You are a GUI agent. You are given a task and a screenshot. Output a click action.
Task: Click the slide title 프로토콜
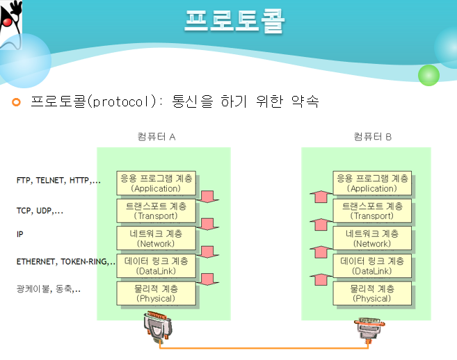234,21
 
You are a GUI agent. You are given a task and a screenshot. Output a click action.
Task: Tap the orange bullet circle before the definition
17,103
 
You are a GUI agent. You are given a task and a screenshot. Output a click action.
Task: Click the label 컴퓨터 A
157,137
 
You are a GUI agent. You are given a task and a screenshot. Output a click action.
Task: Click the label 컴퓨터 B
373,137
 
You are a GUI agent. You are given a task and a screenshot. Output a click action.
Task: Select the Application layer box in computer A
157,183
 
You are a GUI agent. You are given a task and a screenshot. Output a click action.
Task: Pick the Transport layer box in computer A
157,211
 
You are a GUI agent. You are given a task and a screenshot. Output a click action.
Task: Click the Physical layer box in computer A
157,293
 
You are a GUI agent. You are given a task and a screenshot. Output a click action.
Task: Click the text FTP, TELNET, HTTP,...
58,181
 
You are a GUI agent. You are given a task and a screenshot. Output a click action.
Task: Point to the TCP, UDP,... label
40,210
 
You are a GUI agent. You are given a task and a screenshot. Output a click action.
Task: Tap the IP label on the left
20,235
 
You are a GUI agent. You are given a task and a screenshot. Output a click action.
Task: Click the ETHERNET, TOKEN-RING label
65,262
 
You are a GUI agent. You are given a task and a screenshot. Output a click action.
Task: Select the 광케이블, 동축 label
48,288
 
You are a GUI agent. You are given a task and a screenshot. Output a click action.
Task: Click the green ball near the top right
428,74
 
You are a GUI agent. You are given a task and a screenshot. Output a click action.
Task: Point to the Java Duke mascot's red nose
9,23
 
